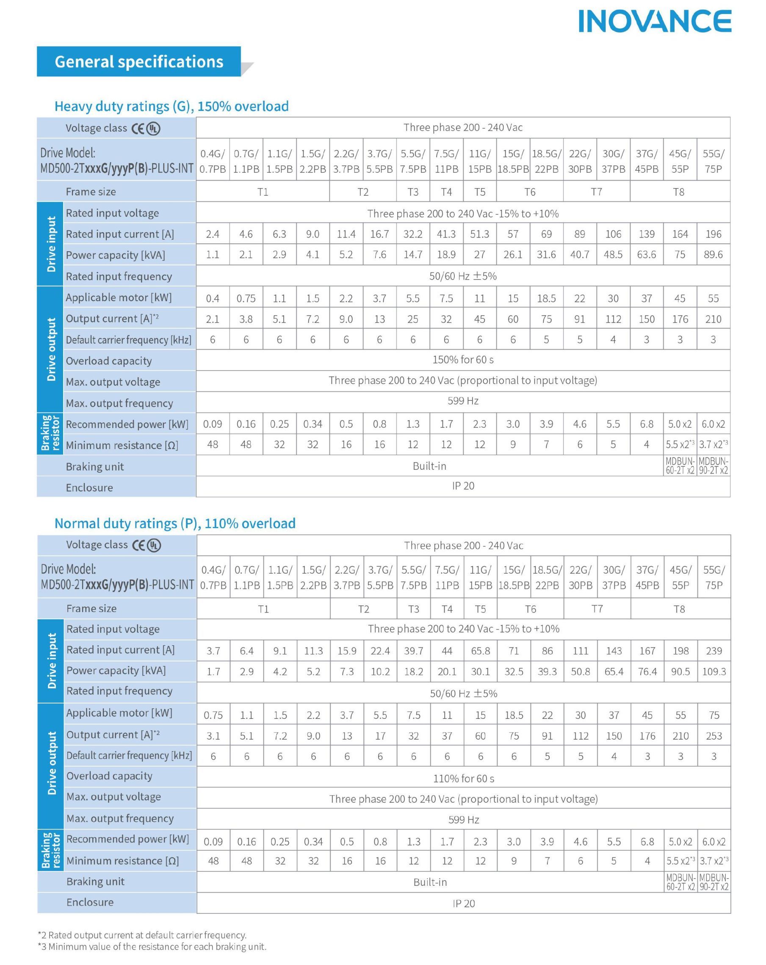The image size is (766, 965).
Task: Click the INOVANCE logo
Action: click(x=654, y=21)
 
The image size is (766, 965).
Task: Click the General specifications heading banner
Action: click(x=139, y=62)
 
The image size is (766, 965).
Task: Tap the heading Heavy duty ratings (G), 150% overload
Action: click(x=171, y=106)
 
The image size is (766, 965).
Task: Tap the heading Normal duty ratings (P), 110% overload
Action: click(x=175, y=523)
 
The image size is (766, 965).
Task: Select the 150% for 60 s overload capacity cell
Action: click(x=463, y=360)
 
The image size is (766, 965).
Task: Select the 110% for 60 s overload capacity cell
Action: click(x=463, y=778)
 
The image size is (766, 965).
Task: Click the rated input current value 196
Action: click(x=713, y=234)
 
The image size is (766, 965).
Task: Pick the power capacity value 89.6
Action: click(x=713, y=255)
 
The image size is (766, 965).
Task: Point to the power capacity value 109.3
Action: click(x=713, y=671)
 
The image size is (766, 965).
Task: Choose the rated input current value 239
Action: click(x=713, y=651)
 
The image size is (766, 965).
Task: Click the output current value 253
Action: click(x=713, y=736)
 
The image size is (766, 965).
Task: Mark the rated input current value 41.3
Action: click(x=446, y=234)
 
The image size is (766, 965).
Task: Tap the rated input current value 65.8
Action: click(x=480, y=651)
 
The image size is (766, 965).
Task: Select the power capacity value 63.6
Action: click(x=646, y=255)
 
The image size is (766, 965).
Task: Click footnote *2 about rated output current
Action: click(x=142, y=935)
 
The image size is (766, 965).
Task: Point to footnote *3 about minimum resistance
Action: click(x=152, y=947)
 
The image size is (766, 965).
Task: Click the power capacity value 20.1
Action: click(x=447, y=671)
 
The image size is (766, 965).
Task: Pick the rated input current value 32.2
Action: click(x=412, y=234)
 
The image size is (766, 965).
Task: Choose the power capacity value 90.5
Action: click(x=680, y=671)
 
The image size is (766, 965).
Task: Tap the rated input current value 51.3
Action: click(x=479, y=234)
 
